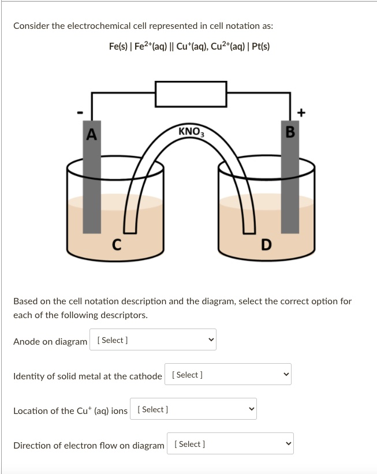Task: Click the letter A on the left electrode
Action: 91,135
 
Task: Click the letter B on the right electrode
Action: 290,132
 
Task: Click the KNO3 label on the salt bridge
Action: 191,132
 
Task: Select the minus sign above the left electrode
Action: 81,111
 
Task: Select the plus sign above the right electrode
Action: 300,111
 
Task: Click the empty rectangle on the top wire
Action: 190,94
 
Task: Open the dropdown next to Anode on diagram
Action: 153,340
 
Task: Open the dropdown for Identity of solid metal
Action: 228,375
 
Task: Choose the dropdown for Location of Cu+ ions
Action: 193,409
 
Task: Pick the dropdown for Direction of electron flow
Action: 230,444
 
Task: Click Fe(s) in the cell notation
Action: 118,46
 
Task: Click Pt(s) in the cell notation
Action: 260,46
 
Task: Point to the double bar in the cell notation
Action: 174,46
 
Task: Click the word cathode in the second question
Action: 147,376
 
